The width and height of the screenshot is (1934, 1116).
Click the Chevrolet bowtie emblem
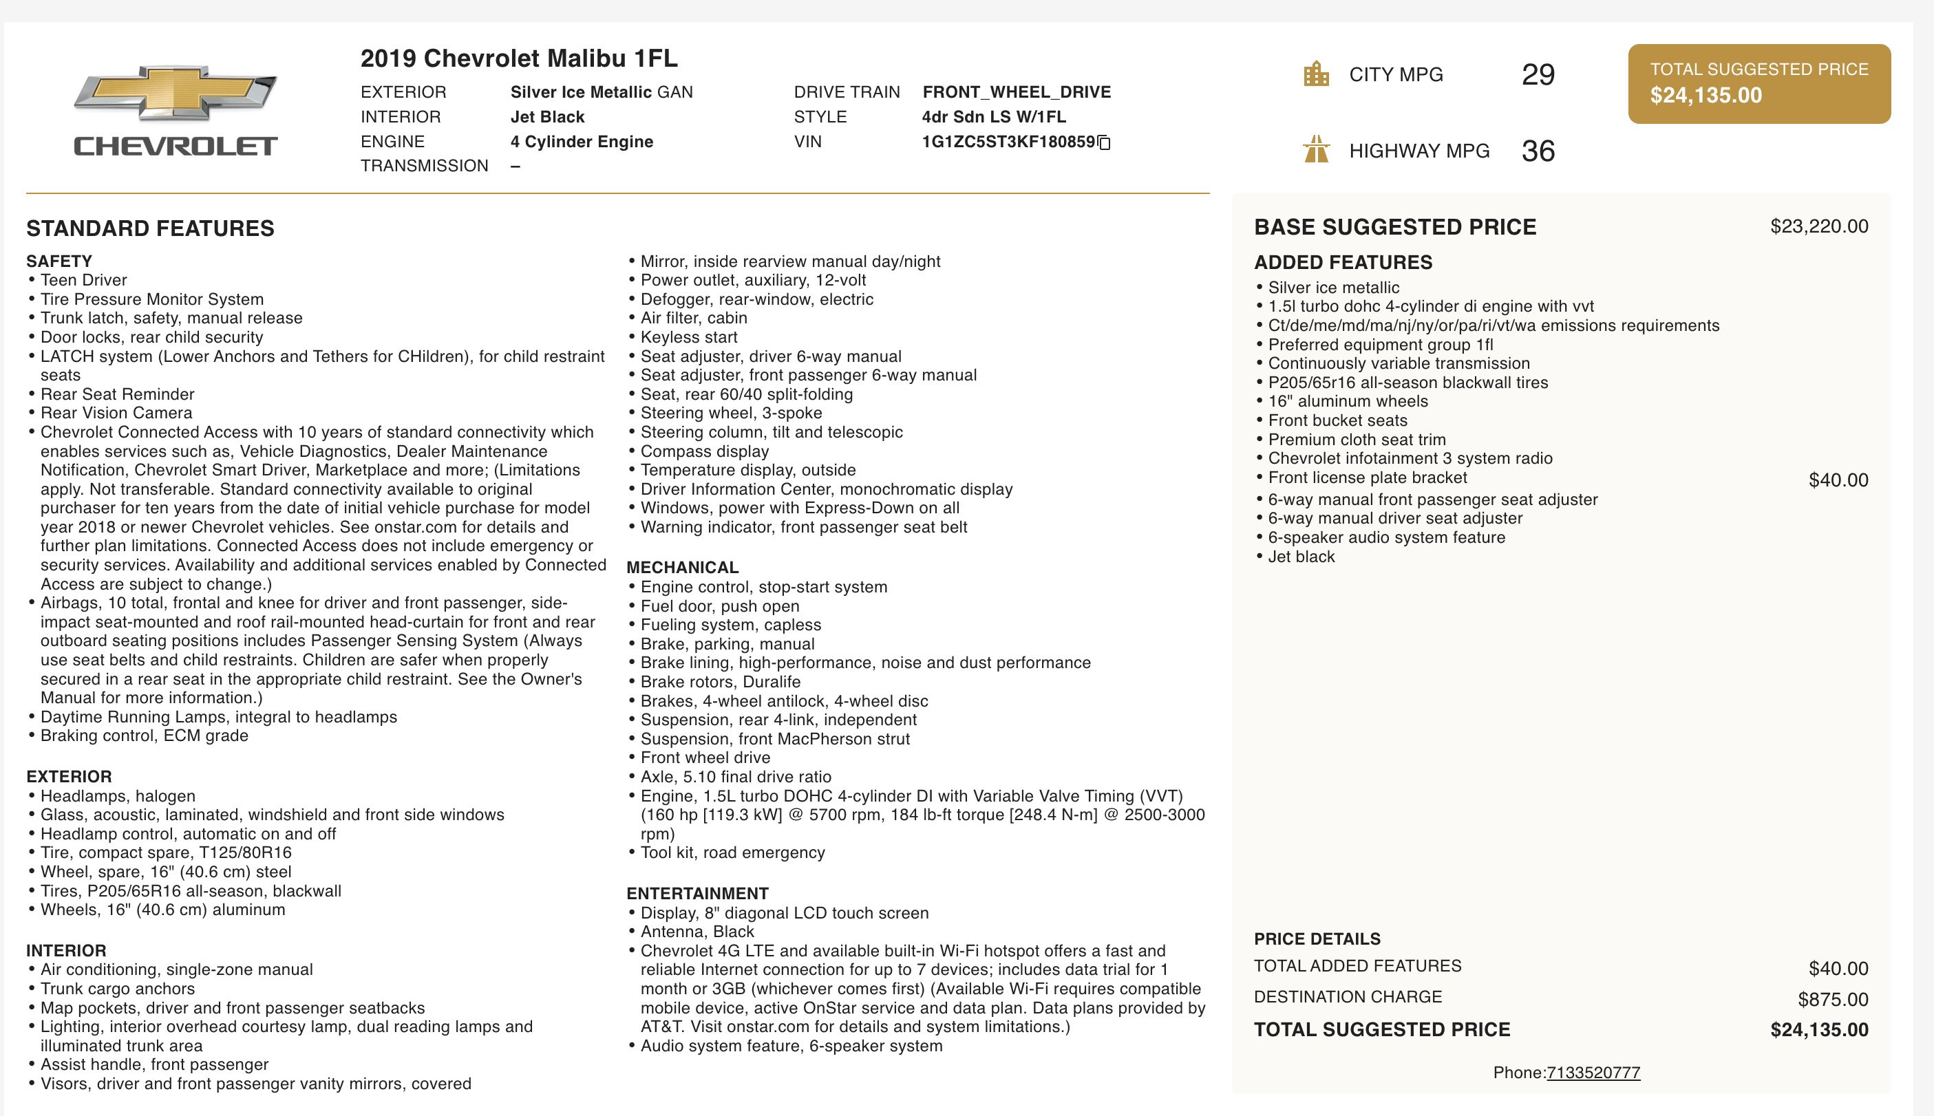(176, 93)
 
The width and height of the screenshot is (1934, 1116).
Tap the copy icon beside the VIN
(1105, 142)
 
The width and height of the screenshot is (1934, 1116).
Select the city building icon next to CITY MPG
(1316, 74)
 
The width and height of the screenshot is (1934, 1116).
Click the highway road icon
(1316, 149)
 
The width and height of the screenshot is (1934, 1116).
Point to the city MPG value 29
(1538, 74)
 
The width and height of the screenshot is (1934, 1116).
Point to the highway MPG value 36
(1538, 151)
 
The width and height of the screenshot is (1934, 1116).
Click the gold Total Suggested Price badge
(1758, 83)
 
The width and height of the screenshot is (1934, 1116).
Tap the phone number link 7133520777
(1593, 1073)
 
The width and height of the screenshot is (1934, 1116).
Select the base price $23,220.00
(1818, 226)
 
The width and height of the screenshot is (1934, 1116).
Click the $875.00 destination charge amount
(1833, 1000)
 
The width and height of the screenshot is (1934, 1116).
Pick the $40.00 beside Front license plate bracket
(1838, 480)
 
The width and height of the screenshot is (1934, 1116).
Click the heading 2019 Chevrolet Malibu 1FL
(519, 58)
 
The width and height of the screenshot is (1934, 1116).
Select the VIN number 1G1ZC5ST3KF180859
(1008, 142)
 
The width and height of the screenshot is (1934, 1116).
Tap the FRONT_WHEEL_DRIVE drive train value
(1017, 92)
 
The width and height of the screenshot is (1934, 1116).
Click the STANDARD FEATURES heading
(150, 228)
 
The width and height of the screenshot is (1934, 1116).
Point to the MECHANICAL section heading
(682, 568)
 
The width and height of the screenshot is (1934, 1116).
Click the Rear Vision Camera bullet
(116, 413)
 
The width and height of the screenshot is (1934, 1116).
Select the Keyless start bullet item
(688, 337)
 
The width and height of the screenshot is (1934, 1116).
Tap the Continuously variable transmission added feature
(1398, 363)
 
